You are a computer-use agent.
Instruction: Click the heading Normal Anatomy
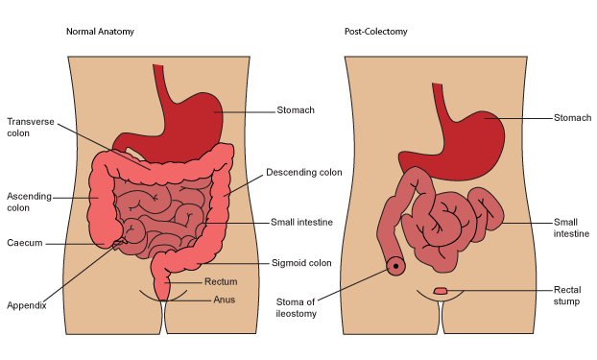point(100,32)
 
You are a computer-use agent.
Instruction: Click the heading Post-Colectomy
point(376,32)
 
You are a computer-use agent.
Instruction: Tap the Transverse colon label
point(31,128)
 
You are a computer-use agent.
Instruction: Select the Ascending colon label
point(30,202)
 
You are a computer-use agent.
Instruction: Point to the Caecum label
point(25,243)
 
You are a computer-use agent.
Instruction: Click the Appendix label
point(27,305)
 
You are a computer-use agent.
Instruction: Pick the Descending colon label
point(304,172)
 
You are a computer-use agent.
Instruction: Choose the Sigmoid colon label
point(301,263)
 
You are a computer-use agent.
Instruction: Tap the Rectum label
point(221,281)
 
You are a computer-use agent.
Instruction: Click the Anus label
point(224,300)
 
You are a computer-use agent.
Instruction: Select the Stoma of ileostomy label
point(297,308)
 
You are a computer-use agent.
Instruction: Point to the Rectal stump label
point(567,296)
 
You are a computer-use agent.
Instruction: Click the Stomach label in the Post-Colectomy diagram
point(572,118)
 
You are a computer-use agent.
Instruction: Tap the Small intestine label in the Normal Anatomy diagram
point(301,222)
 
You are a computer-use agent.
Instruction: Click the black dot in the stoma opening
point(395,266)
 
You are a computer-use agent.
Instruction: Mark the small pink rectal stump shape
point(441,291)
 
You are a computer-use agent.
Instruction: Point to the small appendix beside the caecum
point(119,244)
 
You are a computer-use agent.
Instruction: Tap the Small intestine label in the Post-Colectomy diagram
point(571,228)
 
